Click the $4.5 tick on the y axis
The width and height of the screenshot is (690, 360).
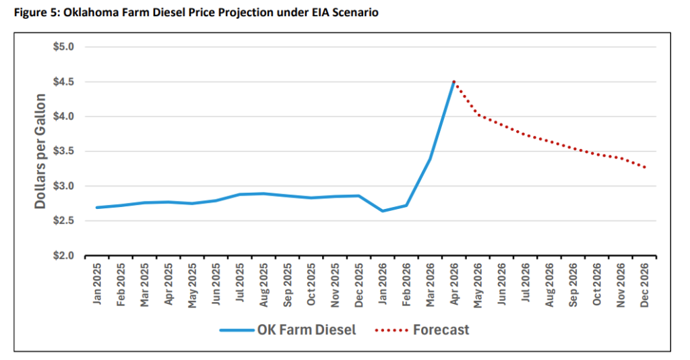[65, 82]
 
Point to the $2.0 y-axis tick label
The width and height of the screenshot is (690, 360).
[65, 256]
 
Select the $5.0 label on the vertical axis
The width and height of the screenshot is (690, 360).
[65, 47]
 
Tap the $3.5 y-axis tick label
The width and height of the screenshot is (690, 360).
[65, 151]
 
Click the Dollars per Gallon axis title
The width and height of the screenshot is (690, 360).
[41, 151]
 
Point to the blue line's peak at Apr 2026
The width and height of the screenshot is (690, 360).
[454, 82]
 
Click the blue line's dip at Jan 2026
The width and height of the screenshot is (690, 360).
[383, 211]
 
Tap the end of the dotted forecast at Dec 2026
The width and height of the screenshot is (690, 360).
[645, 167]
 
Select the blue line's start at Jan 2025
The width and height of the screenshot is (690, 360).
[97, 208]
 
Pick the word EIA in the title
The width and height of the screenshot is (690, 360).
[313, 13]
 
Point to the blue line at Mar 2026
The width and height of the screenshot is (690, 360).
[430, 159]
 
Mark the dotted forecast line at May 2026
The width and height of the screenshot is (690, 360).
[478, 115]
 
